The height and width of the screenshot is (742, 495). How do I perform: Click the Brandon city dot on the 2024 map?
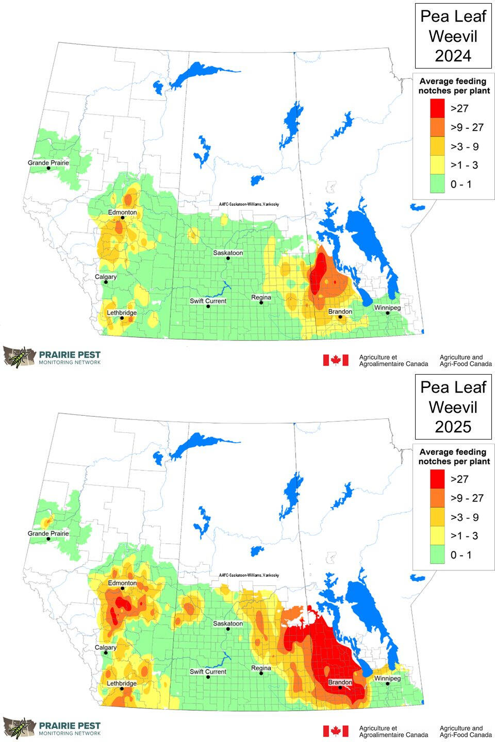(340, 317)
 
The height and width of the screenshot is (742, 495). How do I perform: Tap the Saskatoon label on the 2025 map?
(228, 623)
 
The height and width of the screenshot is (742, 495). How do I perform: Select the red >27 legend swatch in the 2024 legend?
(437, 108)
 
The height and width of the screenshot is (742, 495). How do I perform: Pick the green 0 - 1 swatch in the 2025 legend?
(437, 555)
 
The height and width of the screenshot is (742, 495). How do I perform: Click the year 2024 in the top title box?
(453, 56)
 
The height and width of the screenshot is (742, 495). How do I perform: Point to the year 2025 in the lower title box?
(453, 427)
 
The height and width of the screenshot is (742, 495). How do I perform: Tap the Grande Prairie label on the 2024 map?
(48, 163)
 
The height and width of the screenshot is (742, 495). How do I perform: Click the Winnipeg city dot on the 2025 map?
(388, 684)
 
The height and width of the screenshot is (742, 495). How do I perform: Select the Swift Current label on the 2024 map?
(208, 301)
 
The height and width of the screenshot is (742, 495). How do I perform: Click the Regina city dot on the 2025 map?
(261, 673)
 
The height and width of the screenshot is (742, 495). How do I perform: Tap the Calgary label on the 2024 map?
(106, 277)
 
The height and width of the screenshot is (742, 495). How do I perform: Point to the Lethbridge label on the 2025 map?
(122, 683)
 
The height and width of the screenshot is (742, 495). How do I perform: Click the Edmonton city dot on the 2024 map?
(123, 218)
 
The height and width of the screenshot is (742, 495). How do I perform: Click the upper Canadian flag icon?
(336, 360)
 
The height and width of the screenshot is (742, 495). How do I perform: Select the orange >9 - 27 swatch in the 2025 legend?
(437, 498)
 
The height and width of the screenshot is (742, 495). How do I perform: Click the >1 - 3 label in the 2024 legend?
(464, 165)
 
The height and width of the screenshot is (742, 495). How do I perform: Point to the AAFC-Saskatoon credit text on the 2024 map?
(249, 205)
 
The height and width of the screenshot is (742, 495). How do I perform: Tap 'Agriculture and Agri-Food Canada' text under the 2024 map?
(465, 360)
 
